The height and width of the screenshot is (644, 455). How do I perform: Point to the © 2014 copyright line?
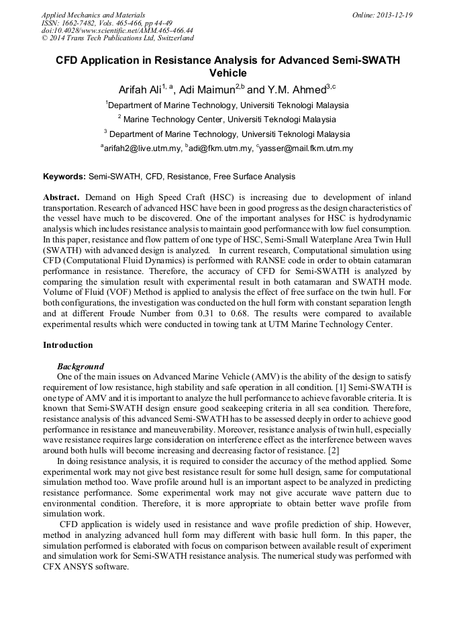point(117,39)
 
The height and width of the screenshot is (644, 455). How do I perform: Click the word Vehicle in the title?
point(227,73)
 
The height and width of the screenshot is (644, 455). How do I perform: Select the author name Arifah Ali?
point(142,89)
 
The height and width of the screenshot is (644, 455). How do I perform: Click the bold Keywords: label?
point(64,177)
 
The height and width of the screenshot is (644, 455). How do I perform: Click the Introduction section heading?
point(68,345)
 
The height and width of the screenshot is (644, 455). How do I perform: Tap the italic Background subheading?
point(81,367)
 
